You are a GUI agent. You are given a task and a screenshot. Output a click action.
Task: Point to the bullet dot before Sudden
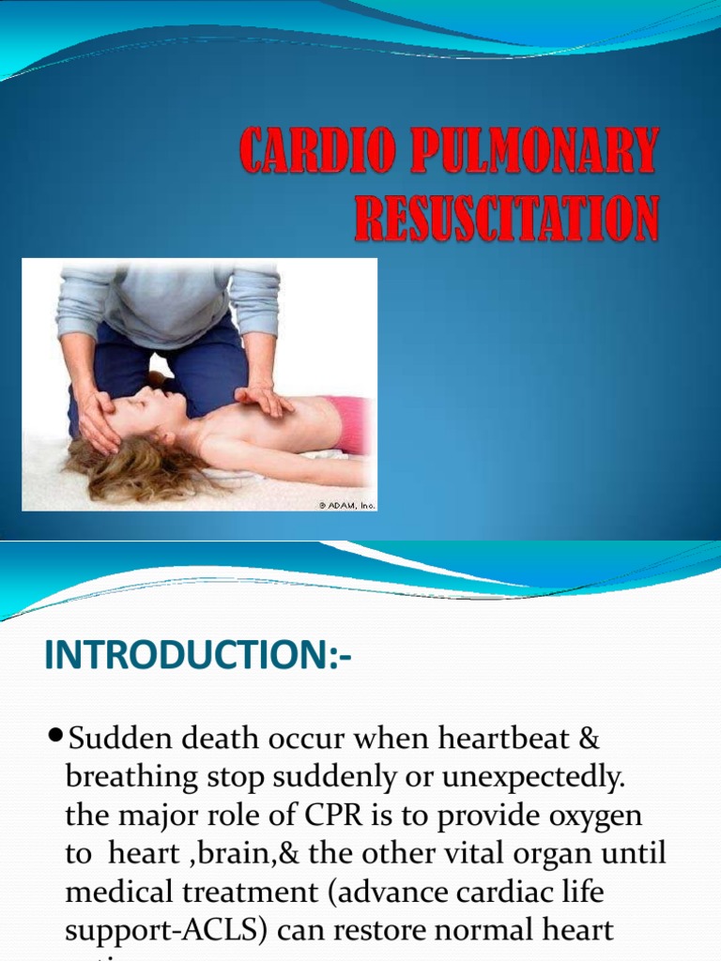[55, 740]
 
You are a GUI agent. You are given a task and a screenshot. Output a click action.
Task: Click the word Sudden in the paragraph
[113, 740]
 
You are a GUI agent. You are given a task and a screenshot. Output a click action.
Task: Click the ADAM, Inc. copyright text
[347, 505]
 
